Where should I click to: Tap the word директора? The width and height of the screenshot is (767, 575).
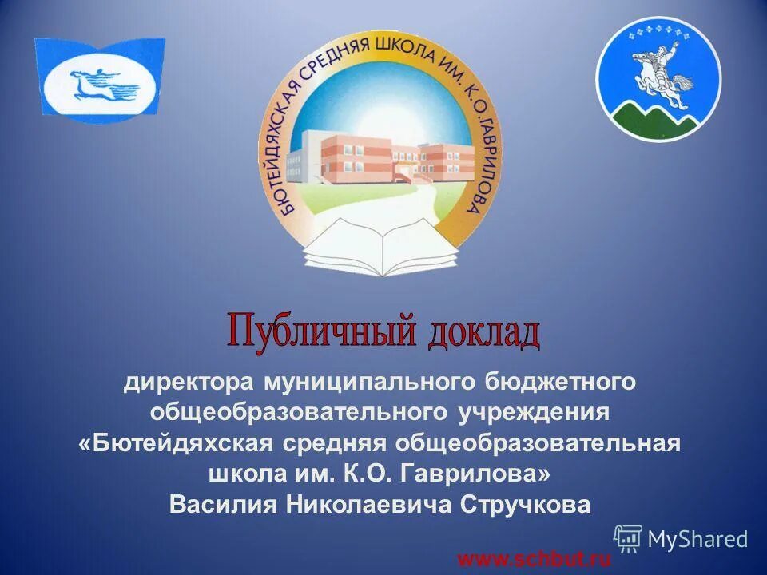(x=185, y=383)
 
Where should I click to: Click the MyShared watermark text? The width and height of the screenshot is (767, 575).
(x=697, y=539)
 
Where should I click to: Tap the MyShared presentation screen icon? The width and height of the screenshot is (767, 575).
(x=628, y=539)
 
